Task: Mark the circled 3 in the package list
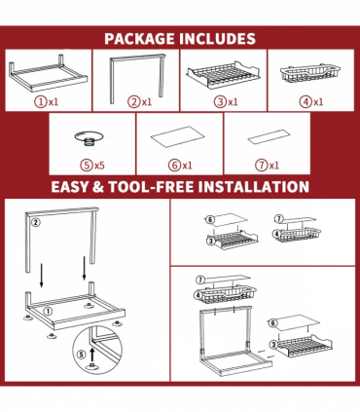click(220, 101)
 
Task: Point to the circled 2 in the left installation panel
click(35, 222)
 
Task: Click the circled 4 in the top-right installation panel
click(278, 235)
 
